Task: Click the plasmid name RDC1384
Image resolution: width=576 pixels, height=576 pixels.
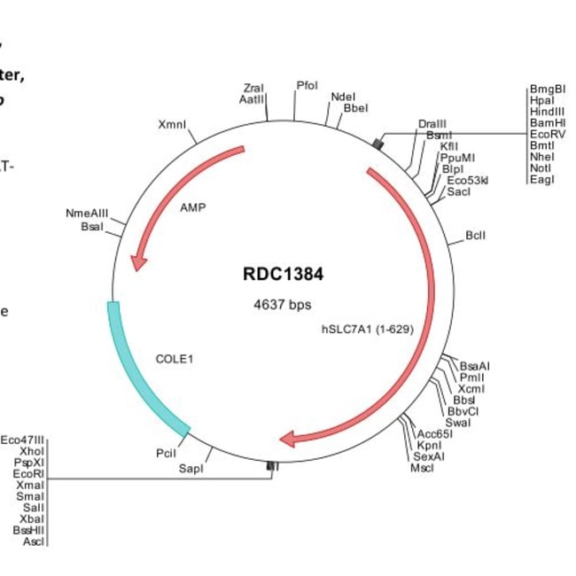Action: (x=283, y=274)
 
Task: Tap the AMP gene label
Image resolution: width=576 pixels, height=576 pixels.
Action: (x=192, y=208)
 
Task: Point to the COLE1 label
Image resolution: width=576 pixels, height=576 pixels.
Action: (x=174, y=359)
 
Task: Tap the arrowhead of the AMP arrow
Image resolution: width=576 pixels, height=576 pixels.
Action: (x=136, y=261)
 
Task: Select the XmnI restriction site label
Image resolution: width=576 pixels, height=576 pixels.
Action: (x=172, y=125)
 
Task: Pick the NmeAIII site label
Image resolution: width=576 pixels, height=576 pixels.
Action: (x=86, y=214)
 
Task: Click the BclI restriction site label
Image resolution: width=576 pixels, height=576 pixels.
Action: (x=475, y=236)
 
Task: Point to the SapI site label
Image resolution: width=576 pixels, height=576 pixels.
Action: (x=191, y=467)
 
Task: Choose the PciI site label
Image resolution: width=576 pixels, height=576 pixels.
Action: (x=166, y=453)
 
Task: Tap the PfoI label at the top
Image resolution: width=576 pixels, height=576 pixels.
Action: (x=307, y=86)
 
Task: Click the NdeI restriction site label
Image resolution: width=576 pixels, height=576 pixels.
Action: (x=342, y=97)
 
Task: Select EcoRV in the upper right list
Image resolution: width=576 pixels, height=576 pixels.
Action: (x=547, y=135)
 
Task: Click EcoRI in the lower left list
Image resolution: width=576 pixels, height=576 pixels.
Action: (x=28, y=474)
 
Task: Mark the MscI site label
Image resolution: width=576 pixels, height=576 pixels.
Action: (x=422, y=468)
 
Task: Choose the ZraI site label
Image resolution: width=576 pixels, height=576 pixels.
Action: (x=253, y=89)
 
